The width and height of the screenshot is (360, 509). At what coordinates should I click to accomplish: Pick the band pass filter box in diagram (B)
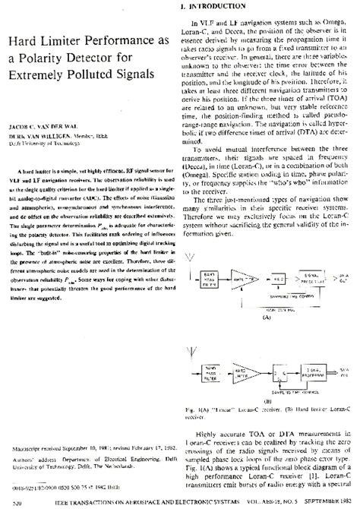213,373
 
